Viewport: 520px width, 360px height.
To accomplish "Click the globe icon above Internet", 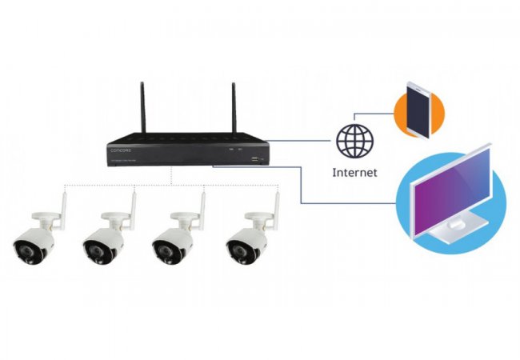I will point(354,142).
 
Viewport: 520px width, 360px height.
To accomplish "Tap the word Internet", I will point(354,172).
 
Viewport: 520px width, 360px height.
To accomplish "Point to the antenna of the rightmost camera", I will point(275,206).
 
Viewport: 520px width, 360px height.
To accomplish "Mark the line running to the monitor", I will point(300,184).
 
